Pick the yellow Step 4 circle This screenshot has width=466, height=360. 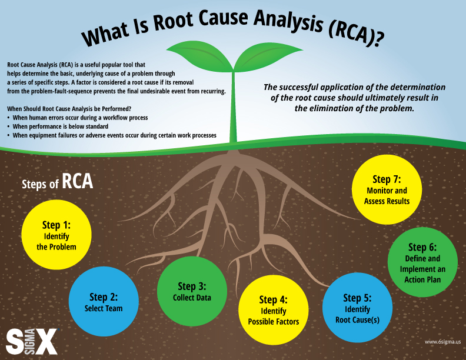coord(273,310)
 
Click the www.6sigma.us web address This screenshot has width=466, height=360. coord(441,341)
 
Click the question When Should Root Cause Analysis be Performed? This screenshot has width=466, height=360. coord(69,109)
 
